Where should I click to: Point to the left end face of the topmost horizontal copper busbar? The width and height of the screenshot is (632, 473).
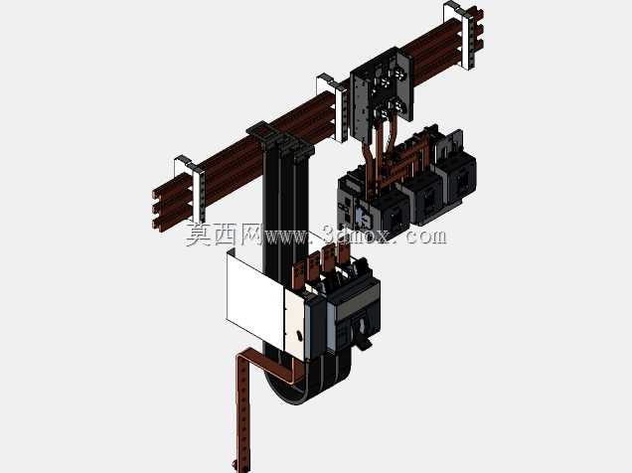[156, 195]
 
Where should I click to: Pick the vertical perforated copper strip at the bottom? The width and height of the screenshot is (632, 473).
[243, 407]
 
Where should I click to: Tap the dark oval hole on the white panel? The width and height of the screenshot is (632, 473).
[299, 335]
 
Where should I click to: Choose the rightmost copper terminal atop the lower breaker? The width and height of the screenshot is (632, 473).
[344, 254]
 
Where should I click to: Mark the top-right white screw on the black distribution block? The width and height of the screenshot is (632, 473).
[399, 74]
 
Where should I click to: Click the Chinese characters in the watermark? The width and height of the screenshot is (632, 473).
[225, 234]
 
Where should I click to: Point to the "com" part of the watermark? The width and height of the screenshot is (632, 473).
[426, 236]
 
